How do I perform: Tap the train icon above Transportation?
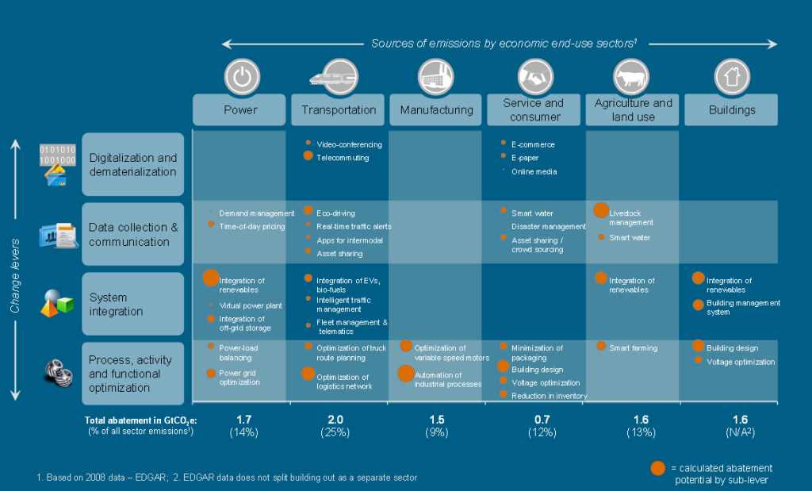click(x=338, y=76)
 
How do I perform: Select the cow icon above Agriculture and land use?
click(x=633, y=77)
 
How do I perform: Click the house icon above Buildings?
click(x=731, y=77)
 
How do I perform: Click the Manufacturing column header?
click(x=436, y=110)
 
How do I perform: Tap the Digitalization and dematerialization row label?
click(x=133, y=165)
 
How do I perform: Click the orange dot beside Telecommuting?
click(x=308, y=156)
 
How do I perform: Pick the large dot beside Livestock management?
click(x=601, y=210)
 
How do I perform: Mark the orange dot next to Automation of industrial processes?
click(x=405, y=374)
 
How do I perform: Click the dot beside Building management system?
click(x=698, y=305)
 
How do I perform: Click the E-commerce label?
click(x=533, y=144)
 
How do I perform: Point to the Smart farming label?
click(x=633, y=347)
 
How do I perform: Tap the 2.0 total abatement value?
click(x=338, y=420)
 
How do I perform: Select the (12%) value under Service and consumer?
click(x=534, y=432)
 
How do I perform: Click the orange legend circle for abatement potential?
click(x=657, y=468)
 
